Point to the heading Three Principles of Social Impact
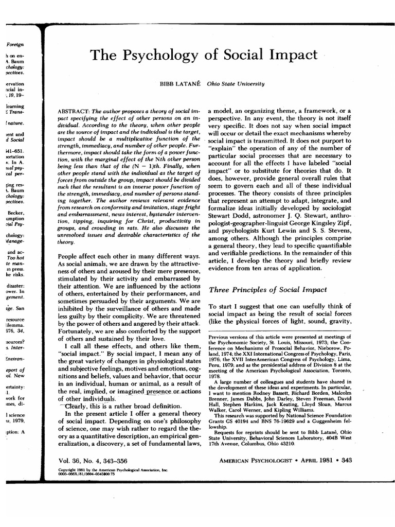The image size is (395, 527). tap(267, 290)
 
